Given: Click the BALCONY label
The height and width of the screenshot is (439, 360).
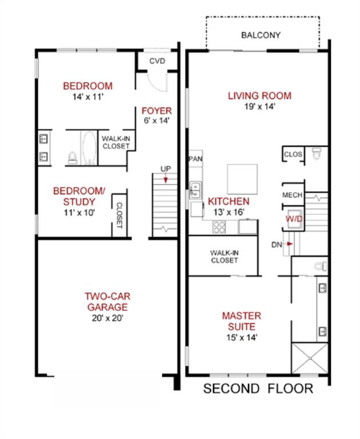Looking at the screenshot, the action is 261,35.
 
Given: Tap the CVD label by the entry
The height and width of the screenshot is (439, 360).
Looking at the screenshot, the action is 157,61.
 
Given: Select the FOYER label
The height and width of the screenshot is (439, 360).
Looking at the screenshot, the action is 157,111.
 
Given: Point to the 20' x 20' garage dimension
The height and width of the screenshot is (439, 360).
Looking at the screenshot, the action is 107,318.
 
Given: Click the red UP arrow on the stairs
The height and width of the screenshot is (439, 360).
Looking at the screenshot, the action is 166,178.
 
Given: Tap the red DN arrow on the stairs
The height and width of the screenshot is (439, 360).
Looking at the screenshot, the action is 289,244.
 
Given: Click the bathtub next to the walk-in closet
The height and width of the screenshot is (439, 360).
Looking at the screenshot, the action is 89,148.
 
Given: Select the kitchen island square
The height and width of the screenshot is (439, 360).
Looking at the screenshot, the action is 242,179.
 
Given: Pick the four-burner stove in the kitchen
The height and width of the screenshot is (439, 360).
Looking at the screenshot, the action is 219,227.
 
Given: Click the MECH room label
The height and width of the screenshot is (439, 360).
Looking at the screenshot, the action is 292,195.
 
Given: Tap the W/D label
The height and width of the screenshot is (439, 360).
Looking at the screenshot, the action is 294,219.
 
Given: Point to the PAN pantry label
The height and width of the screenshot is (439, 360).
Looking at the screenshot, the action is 195,159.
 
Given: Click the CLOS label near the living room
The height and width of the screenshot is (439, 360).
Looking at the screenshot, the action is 293,154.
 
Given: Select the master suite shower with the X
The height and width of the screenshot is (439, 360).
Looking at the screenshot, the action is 310,358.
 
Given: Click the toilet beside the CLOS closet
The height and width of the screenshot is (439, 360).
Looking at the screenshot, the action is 317,153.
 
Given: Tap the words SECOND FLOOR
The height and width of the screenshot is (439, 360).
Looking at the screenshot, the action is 258,389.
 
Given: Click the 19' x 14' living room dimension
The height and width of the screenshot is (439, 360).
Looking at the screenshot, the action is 260,106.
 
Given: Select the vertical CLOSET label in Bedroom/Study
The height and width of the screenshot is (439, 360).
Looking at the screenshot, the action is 119,215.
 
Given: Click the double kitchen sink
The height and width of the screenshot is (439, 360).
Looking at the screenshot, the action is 195,190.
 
